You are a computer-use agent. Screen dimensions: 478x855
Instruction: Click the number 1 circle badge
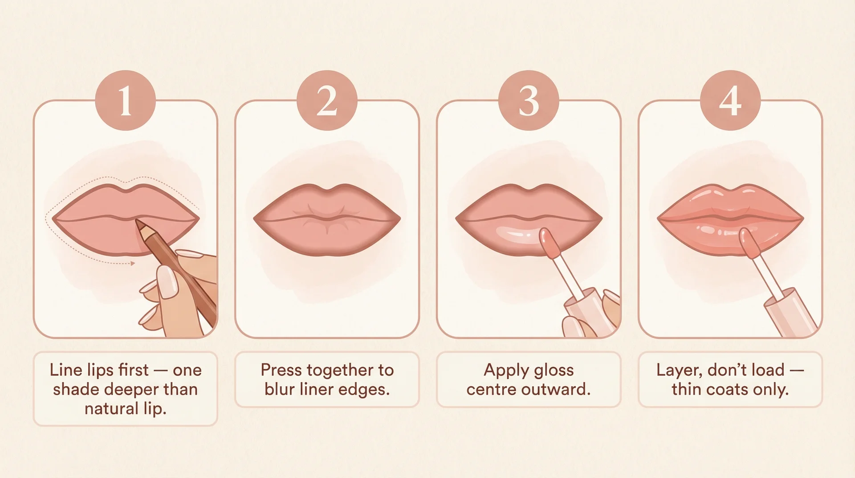point(125,100)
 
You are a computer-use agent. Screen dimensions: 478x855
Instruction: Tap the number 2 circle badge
point(327,100)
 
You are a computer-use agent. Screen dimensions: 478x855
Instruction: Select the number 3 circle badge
point(529,100)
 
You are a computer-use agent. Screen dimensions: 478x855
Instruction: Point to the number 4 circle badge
point(730,100)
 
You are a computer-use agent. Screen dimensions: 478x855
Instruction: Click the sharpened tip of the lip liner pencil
point(138,221)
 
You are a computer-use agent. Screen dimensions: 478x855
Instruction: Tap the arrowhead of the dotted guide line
point(132,264)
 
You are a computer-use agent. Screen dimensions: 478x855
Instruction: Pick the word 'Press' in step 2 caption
point(281,370)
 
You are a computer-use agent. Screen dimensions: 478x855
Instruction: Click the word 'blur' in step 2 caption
point(280,390)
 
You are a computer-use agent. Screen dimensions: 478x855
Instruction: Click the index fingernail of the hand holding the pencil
point(168,282)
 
